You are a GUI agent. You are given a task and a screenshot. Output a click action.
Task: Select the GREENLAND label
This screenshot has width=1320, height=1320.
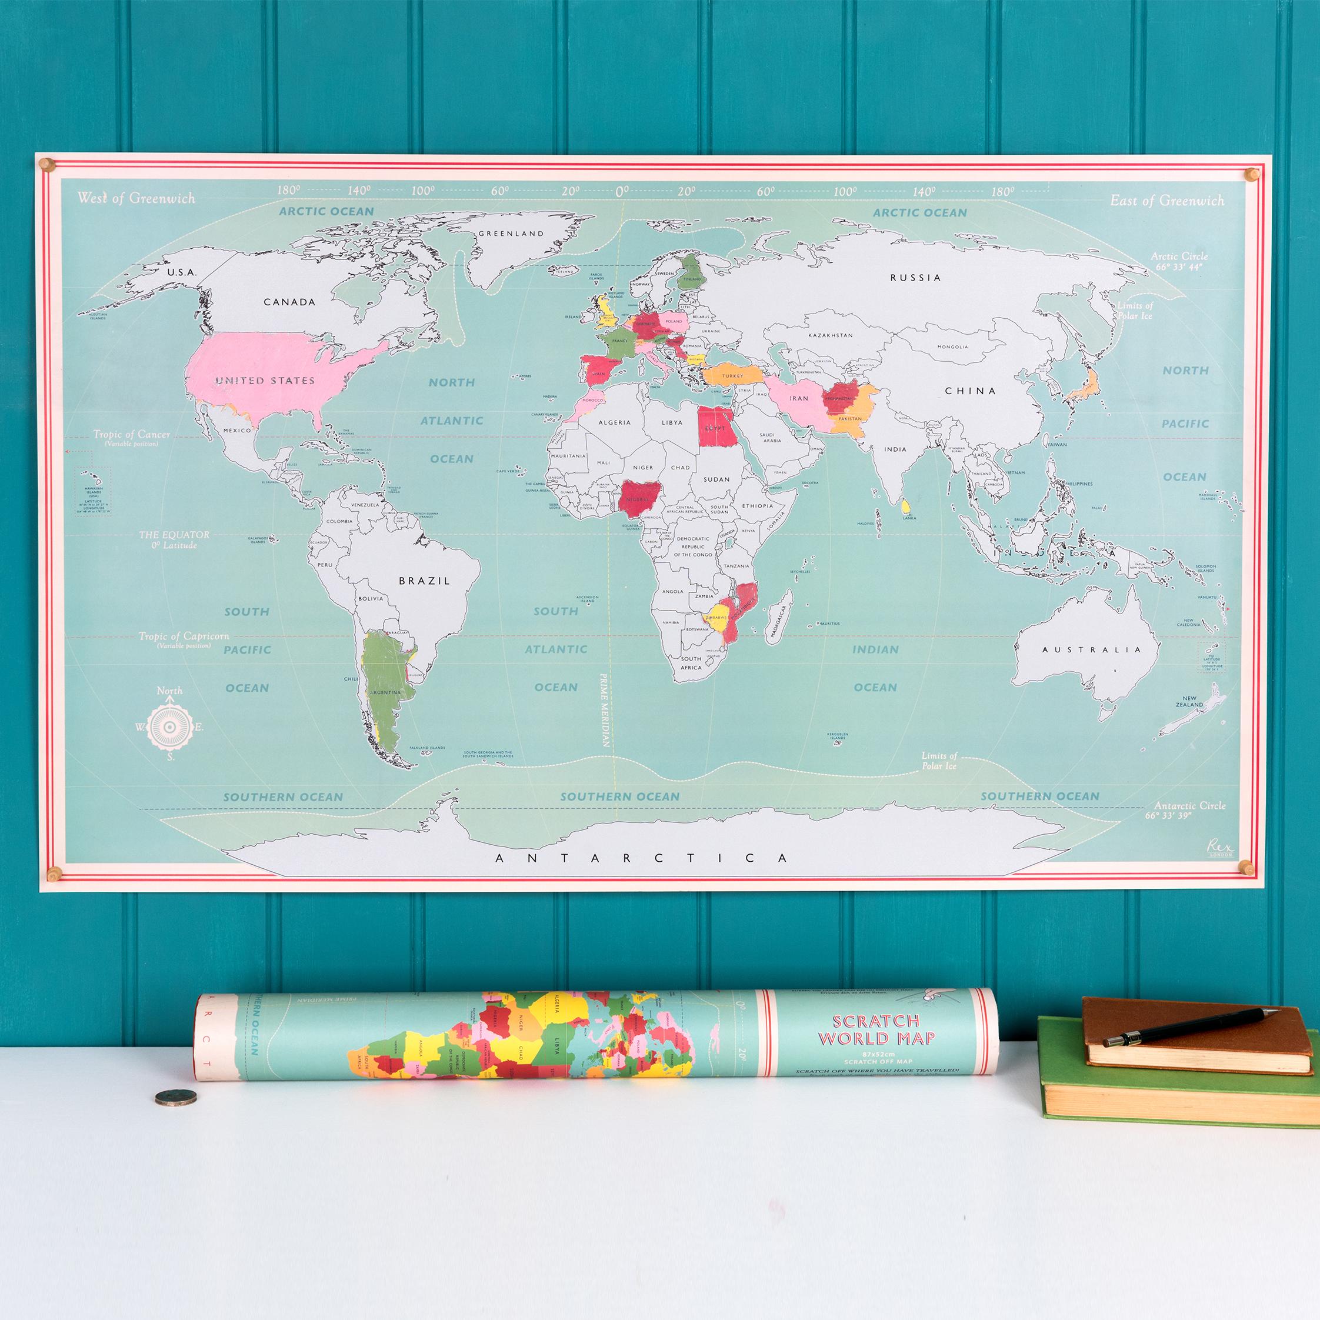coord(511,233)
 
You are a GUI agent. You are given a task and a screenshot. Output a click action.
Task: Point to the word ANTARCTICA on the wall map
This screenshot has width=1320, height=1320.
coord(642,858)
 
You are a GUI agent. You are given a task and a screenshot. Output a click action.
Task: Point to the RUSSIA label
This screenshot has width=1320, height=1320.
coord(915,278)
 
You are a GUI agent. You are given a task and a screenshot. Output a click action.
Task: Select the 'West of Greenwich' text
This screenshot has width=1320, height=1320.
coord(136,199)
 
